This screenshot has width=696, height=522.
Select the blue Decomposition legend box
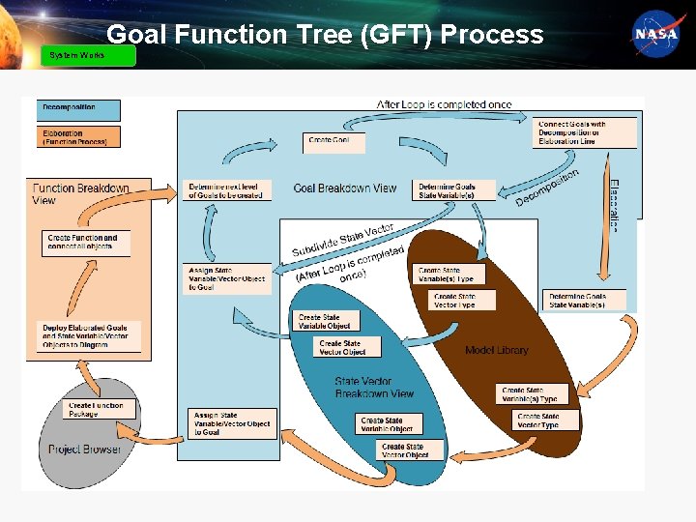click(80, 110)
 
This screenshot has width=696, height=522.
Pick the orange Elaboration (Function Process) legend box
click(80, 136)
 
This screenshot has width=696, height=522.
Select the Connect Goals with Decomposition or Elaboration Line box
click(586, 132)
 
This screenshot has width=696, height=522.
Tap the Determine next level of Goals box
click(227, 189)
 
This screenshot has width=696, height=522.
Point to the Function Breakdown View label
click(80, 193)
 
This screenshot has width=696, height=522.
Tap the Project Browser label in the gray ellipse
click(85, 449)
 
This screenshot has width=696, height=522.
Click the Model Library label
click(497, 350)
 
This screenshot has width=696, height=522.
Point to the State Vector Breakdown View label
click(374, 387)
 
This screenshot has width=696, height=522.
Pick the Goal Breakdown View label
click(344, 188)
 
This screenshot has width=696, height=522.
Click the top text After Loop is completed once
click(444, 104)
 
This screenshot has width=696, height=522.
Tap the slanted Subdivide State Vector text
click(343, 239)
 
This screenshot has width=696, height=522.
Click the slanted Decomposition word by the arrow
click(547, 187)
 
